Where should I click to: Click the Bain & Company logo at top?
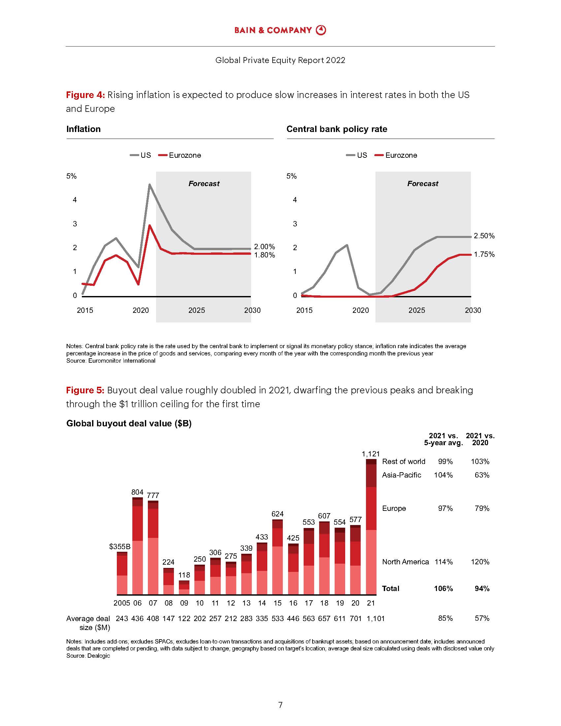(280, 30)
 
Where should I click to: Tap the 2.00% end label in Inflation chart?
(264, 247)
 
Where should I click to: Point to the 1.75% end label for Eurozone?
(484, 254)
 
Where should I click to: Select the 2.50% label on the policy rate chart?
(484, 236)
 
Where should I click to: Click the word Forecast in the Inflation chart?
(204, 183)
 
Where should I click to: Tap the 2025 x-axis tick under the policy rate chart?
(416, 310)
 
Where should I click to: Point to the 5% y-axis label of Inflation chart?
(72, 176)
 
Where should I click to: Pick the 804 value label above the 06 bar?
(137, 492)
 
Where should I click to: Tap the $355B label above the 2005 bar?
(120, 546)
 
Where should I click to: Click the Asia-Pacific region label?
(402, 475)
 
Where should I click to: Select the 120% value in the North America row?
(480, 562)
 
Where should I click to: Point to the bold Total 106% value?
(443, 588)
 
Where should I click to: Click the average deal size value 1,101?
(376, 618)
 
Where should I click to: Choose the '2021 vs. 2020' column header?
(480, 439)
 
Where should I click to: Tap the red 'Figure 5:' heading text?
(85, 390)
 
